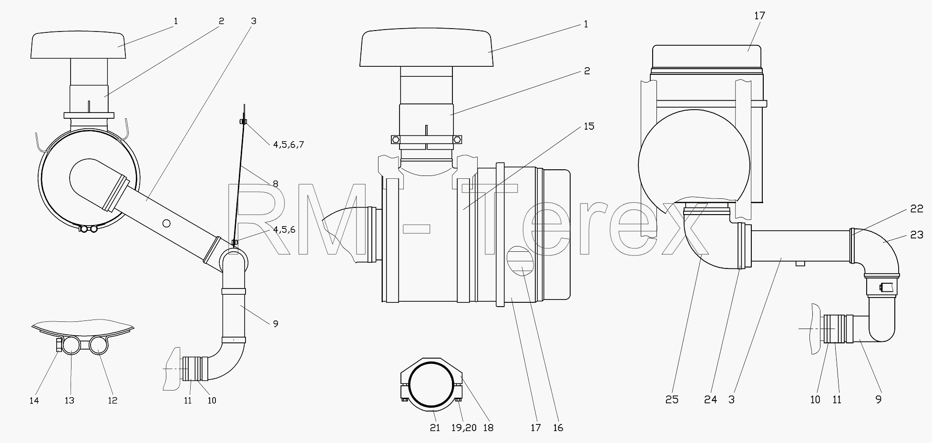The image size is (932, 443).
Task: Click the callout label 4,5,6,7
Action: [288, 144]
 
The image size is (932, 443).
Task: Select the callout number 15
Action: [589, 126]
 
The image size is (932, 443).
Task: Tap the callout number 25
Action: [672, 400]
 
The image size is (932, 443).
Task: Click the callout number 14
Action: [34, 401]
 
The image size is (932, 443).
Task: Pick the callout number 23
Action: [917, 235]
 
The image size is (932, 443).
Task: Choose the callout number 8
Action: [275, 184]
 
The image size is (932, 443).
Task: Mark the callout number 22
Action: [917, 208]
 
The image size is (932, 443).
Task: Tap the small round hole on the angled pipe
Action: [166, 223]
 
